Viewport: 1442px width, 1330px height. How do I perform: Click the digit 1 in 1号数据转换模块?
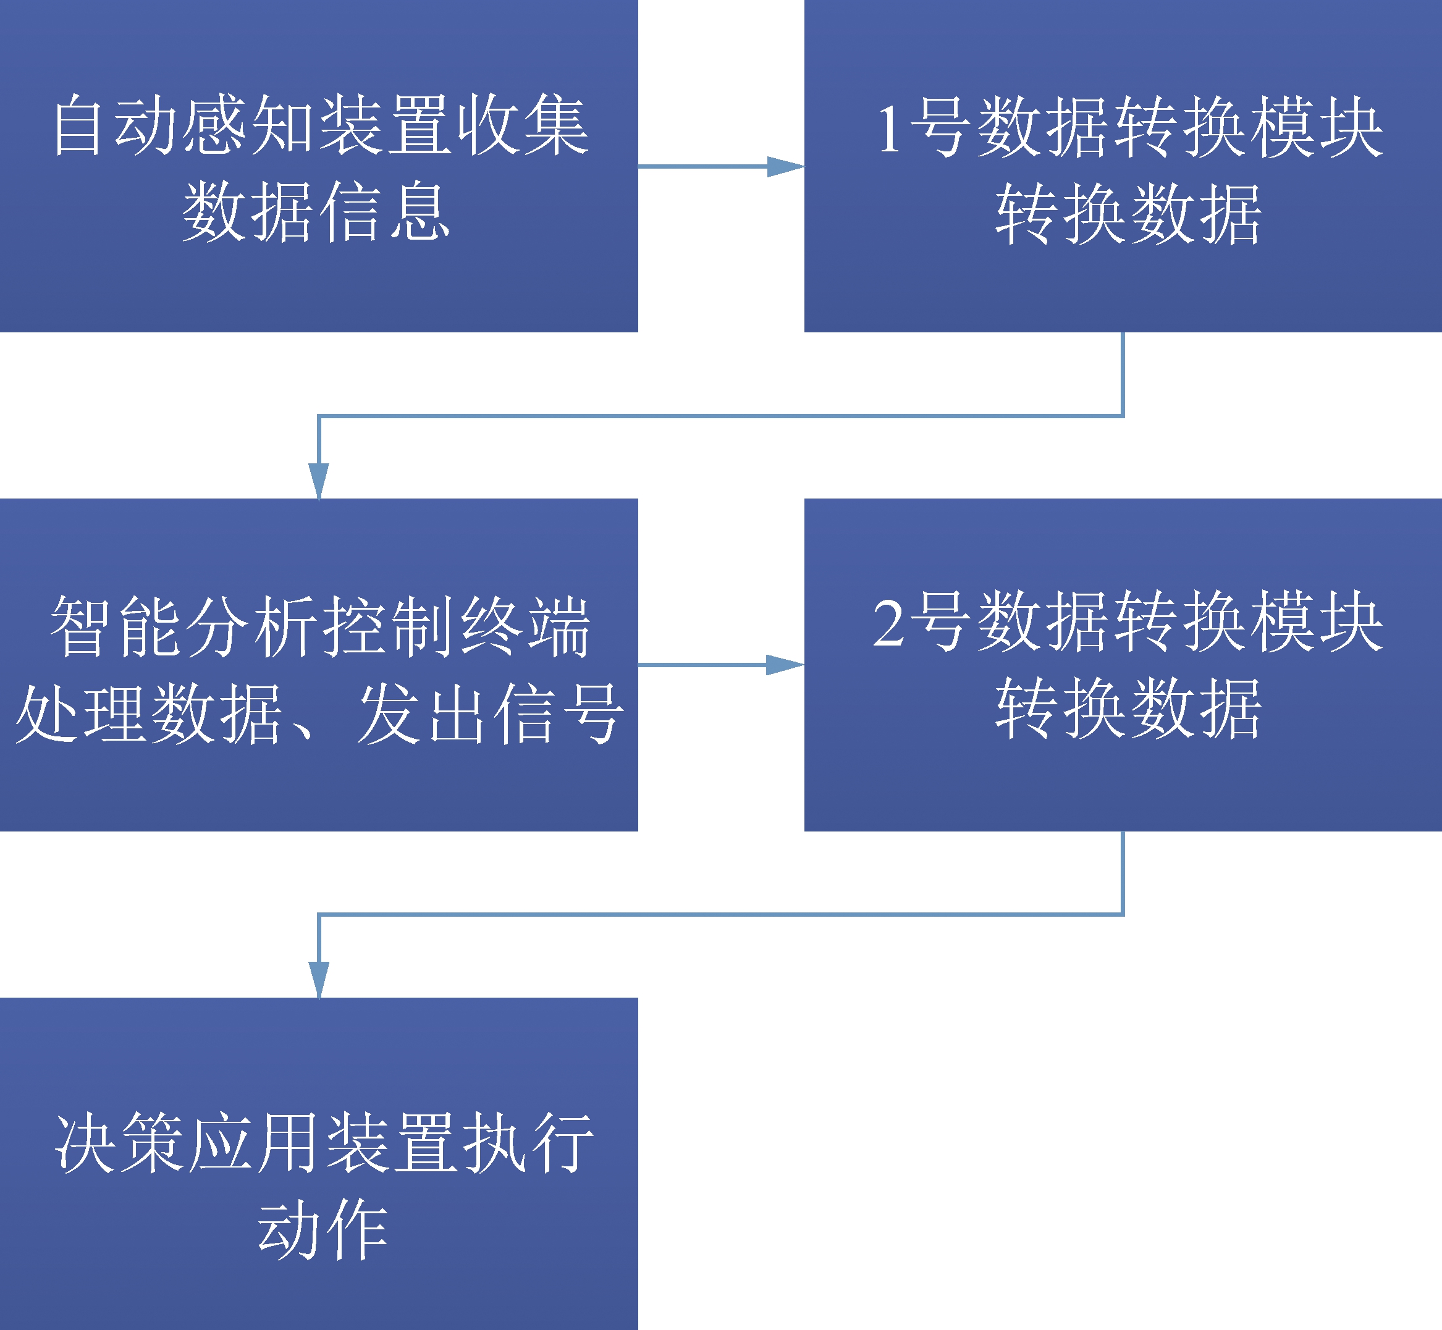(x=890, y=128)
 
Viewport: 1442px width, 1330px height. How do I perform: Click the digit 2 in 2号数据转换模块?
(x=888, y=623)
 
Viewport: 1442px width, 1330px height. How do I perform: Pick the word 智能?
(x=114, y=626)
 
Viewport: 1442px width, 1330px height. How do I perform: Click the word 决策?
(x=119, y=1142)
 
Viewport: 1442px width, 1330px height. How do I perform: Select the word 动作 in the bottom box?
(x=323, y=1229)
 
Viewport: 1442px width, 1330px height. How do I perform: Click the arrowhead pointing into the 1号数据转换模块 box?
(x=785, y=166)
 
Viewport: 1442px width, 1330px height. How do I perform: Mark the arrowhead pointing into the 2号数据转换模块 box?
(x=785, y=665)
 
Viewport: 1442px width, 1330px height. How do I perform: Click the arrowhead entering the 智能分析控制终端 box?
(x=319, y=481)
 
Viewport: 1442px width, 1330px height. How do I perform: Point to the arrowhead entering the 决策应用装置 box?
(x=319, y=980)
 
